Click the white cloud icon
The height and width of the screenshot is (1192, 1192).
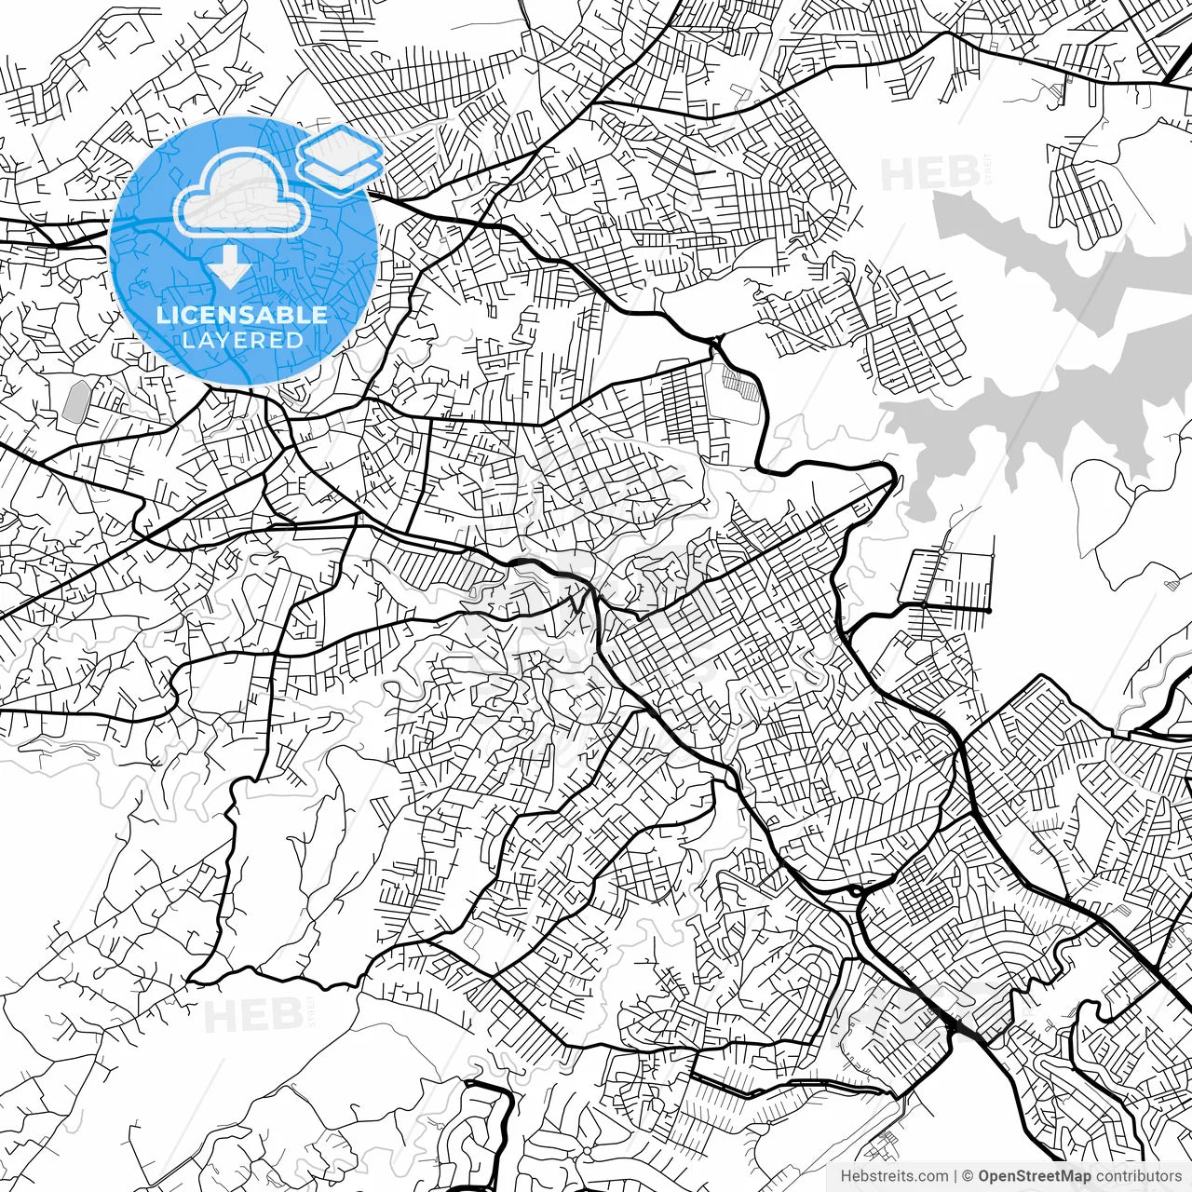click(x=243, y=196)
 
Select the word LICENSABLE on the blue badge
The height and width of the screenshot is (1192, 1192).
click(x=242, y=315)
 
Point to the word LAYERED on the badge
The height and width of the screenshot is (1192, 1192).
click(x=242, y=340)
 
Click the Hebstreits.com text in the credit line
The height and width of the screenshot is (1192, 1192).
click(x=894, y=1176)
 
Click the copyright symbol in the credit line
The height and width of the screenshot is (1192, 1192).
click(x=968, y=1176)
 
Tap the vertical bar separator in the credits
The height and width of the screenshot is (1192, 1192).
click(x=955, y=1176)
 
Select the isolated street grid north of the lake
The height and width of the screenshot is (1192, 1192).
click(x=1085, y=196)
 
